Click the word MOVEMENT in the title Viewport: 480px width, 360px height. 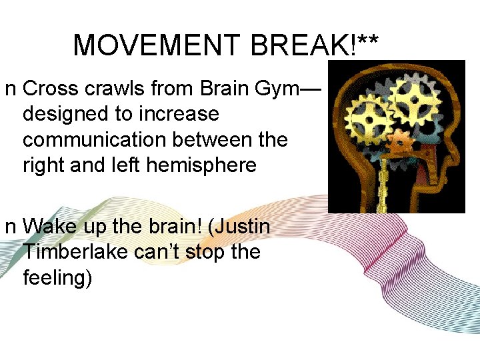(156, 45)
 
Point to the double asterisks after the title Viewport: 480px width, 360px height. (368, 41)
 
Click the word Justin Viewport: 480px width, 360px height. (240, 227)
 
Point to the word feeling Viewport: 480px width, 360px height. (57, 278)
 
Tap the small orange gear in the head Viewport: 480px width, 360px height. (400, 143)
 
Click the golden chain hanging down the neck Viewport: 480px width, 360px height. (383, 187)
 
